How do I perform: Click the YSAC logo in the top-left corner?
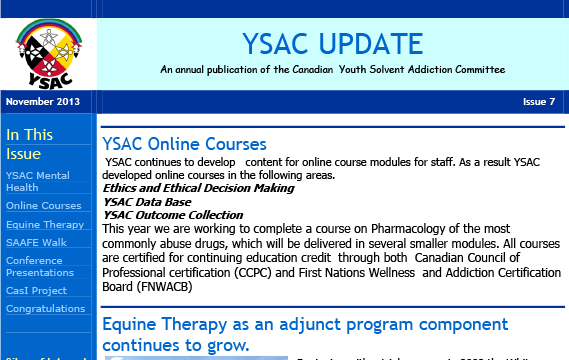point(49,50)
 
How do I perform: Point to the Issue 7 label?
point(538,102)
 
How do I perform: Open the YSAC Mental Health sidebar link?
point(36,181)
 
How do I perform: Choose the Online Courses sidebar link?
point(43,206)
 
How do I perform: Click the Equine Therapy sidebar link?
point(45,225)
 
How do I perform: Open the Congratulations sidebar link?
point(45,309)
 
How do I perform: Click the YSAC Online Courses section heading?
point(184,144)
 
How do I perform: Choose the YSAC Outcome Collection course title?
point(173,214)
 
